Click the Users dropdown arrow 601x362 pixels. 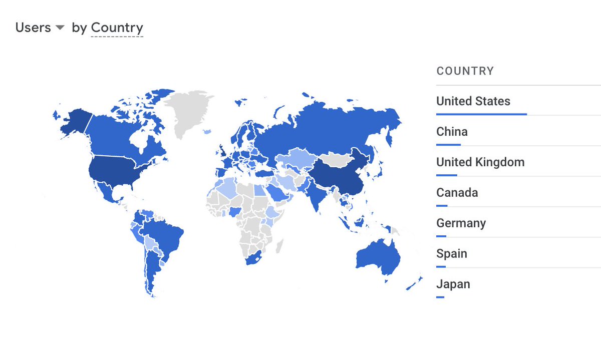point(60,28)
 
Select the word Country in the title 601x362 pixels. point(117,28)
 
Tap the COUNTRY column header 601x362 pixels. point(465,71)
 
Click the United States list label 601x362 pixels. point(473,101)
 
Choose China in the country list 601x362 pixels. point(452,132)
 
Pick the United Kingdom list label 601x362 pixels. point(480,162)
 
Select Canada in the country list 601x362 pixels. point(457,193)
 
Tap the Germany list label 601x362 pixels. point(461,223)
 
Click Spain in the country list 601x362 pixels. point(451,254)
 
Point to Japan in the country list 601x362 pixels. point(453,284)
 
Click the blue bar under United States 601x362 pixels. point(481,114)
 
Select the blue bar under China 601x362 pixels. point(448,145)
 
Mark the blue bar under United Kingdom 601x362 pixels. point(446,175)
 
